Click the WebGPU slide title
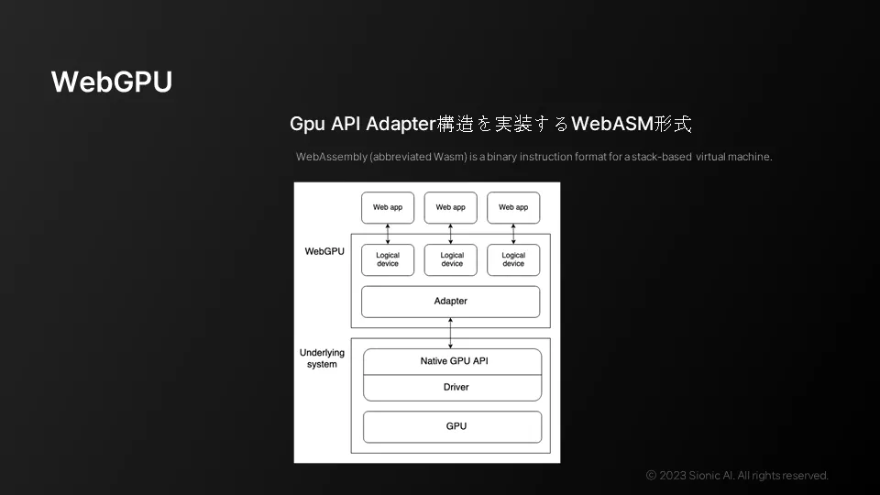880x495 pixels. (112, 82)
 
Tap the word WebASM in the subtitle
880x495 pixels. (610, 124)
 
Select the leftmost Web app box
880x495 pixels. (388, 207)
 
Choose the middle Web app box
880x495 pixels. (451, 207)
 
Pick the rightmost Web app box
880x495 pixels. (513, 207)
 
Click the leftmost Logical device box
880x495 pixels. (388, 259)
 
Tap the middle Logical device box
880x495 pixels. (452, 259)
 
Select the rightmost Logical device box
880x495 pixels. (513, 259)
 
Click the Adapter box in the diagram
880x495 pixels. (451, 302)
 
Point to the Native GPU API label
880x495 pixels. (455, 361)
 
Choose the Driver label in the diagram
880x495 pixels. (456, 387)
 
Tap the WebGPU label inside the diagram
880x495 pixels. (324, 250)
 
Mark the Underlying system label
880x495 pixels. (323, 358)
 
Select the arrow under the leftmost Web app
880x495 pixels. (388, 234)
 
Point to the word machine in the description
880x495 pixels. (750, 157)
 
